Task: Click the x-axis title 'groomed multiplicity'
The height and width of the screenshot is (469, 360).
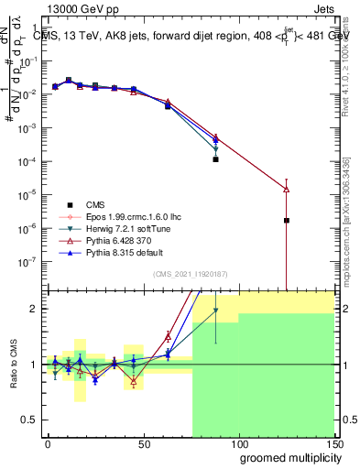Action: click(286, 457)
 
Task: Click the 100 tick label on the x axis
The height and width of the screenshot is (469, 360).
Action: click(238, 444)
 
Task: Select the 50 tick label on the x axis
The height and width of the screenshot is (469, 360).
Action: click(143, 444)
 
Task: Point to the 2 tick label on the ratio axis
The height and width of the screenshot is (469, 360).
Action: click(35, 309)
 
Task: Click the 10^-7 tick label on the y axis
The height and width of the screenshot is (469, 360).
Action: click(27, 261)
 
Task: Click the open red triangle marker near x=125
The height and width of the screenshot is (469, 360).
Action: click(287, 189)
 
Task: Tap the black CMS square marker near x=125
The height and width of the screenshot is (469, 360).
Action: click(287, 220)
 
